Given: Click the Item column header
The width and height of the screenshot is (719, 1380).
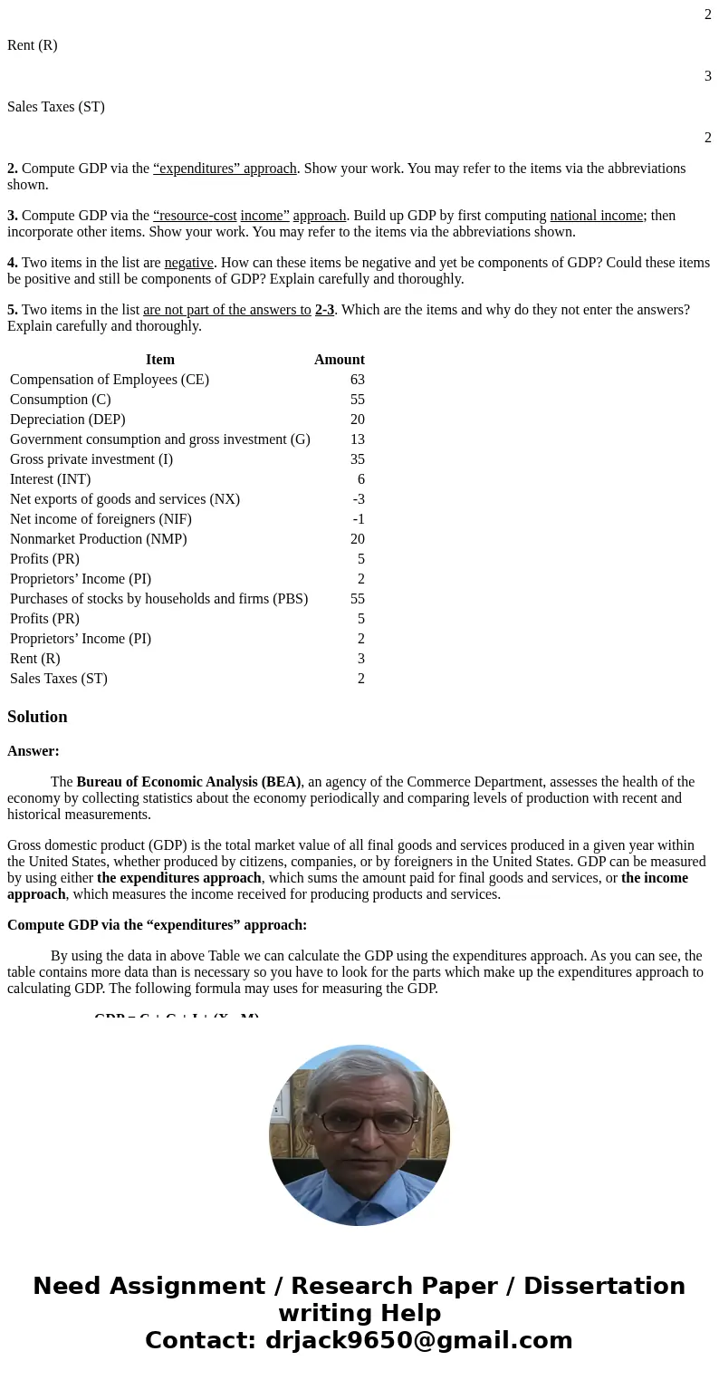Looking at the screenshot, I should click(159, 360).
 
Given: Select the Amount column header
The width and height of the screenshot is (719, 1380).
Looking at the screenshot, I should click(339, 360).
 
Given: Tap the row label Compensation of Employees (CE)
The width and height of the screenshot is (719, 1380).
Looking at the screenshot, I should click(110, 380).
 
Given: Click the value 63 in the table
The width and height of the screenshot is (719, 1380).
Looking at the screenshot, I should click(357, 380).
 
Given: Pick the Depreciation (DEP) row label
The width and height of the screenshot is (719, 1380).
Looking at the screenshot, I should click(68, 420).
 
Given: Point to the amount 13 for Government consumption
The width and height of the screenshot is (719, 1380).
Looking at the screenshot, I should click(357, 439).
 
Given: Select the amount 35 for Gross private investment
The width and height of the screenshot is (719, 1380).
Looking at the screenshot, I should click(357, 459).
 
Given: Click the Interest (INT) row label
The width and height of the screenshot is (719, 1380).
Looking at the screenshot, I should click(51, 479).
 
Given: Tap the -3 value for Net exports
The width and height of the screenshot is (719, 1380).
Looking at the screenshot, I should click(359, 499).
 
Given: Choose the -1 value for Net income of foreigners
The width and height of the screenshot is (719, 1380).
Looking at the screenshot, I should click(359, 519).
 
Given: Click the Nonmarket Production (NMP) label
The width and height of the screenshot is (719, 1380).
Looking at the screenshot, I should click(99, 539).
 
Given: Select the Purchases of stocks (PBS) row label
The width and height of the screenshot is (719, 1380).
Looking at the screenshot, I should click(159, 599).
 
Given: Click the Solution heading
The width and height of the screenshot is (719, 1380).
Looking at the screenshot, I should click(37, 717).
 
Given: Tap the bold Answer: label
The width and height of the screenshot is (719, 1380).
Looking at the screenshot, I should click(34, 751).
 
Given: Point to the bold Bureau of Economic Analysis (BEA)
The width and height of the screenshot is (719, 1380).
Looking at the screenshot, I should click(188, 782).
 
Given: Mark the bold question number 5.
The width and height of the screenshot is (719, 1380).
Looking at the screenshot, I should click(13, 310).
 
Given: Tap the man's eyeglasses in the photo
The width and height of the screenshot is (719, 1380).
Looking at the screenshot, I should click(359, 1122).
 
